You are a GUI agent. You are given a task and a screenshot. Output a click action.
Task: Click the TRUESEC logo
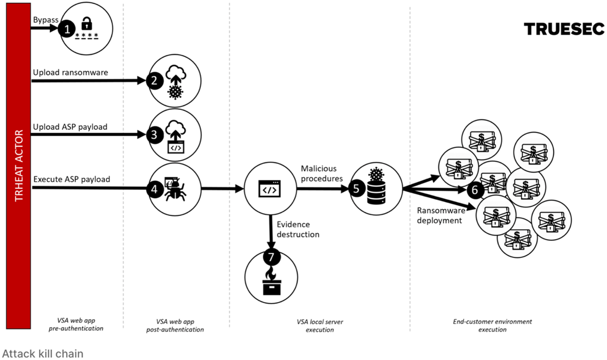tap(564, 29)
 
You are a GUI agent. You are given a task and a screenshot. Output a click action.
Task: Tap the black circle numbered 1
tap(67, 29)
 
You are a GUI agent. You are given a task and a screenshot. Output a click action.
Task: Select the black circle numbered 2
tap(155, 81)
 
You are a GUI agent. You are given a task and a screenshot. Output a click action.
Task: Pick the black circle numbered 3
tap(155, 135)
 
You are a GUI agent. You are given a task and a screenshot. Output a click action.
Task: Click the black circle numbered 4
tap(155, 189)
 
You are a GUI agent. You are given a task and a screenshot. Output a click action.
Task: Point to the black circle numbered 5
tap(356, 189)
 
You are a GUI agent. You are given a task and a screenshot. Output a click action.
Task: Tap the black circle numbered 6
tap(475, 190)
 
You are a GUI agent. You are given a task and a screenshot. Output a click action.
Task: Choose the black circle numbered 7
tap(271, 257)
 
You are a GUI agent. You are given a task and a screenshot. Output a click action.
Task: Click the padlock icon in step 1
tap(87, 24)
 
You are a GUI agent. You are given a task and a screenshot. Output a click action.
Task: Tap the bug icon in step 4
tap(175, 189)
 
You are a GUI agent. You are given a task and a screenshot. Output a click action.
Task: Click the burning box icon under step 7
tap(271, 282)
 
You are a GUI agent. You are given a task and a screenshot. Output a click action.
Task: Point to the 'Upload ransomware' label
tap(71, 72)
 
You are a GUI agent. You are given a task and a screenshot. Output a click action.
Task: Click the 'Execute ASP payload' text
tap(72, 179)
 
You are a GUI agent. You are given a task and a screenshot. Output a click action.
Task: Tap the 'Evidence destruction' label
tap(298, 229)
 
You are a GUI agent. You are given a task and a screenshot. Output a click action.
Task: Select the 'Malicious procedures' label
tap(322, 173)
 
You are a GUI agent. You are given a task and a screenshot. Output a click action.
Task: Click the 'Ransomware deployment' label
tap(441, 215)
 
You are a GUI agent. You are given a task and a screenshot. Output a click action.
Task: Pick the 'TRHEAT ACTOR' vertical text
tap(19, 166)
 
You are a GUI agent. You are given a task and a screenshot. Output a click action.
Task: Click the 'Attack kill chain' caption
tap(42, 353)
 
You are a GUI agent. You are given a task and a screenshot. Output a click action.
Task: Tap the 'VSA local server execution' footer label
tap(320, 326)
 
